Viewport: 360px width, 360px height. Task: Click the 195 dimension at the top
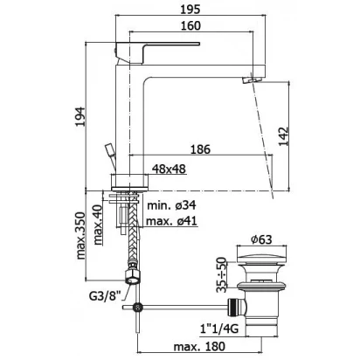click(x=190, y=10)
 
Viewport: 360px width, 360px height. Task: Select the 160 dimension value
click(x=190, y=26)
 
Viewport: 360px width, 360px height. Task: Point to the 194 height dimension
click(x=80, y=117)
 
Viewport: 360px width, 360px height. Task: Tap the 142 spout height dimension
click(x=283, y=136)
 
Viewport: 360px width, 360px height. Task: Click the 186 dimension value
click(x=200, y=149)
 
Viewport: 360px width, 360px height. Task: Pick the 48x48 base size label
click(x=169, y=169)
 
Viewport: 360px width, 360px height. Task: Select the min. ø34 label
click(x=171, y=205)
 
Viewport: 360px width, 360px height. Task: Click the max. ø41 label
click(x=171, y=221)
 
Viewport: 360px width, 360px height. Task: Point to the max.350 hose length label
click(x=80, y=236)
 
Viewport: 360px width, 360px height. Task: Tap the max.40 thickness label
click(x=98, y=225)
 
